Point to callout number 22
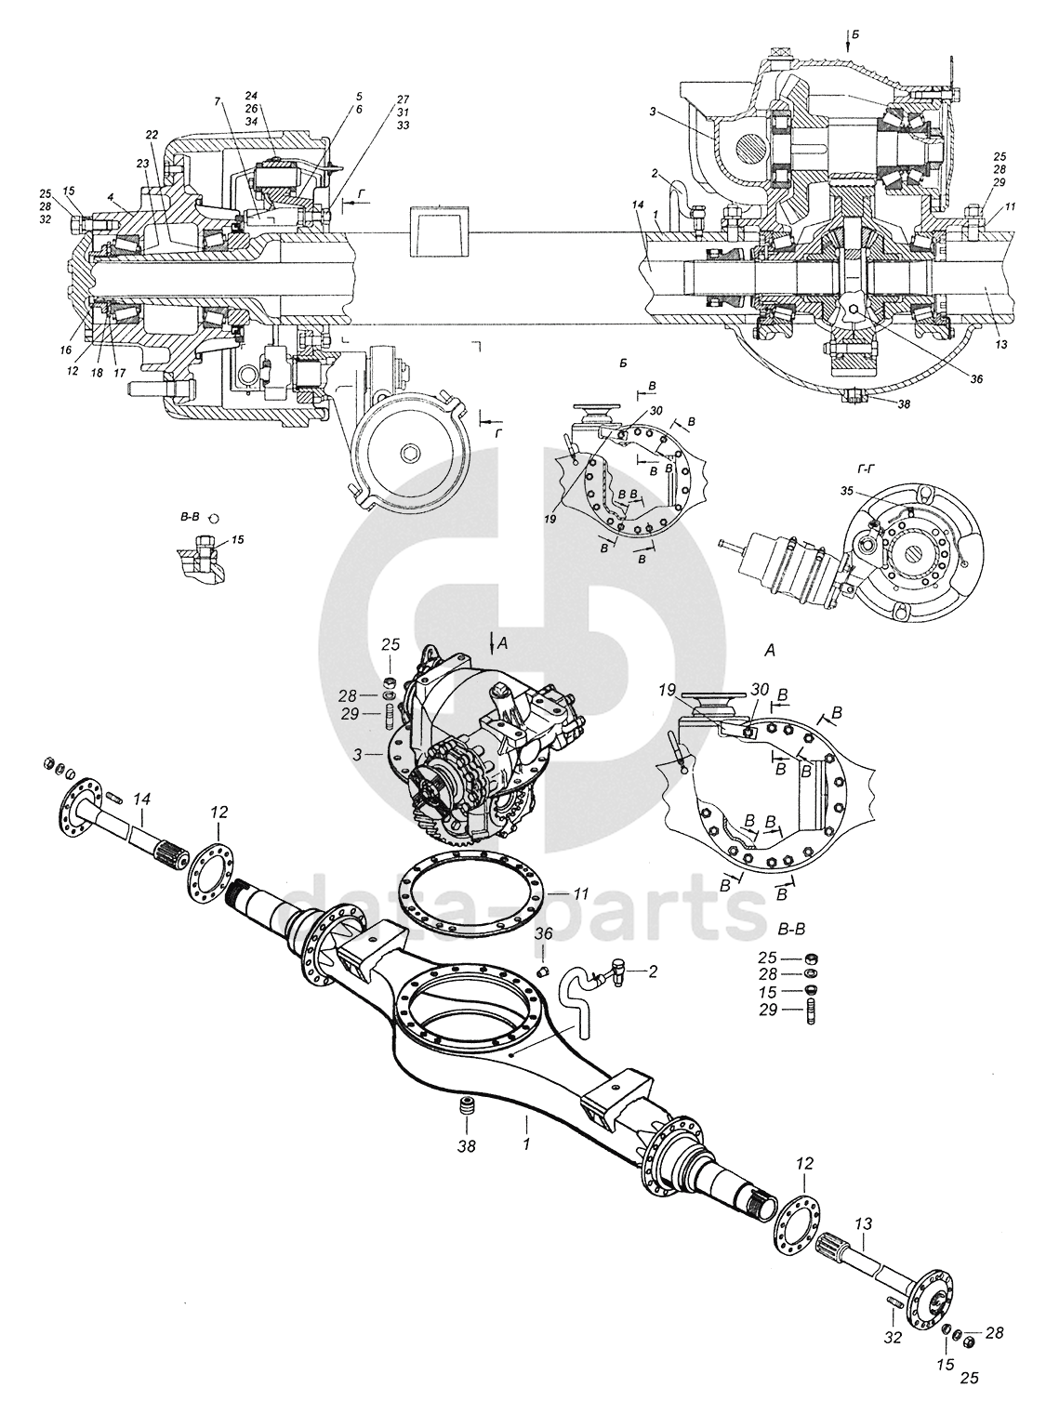[x=152, y=135]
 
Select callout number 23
[x=141, y=161]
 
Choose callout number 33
[x=404, y=125]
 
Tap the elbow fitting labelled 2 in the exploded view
[x=615, y=971]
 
